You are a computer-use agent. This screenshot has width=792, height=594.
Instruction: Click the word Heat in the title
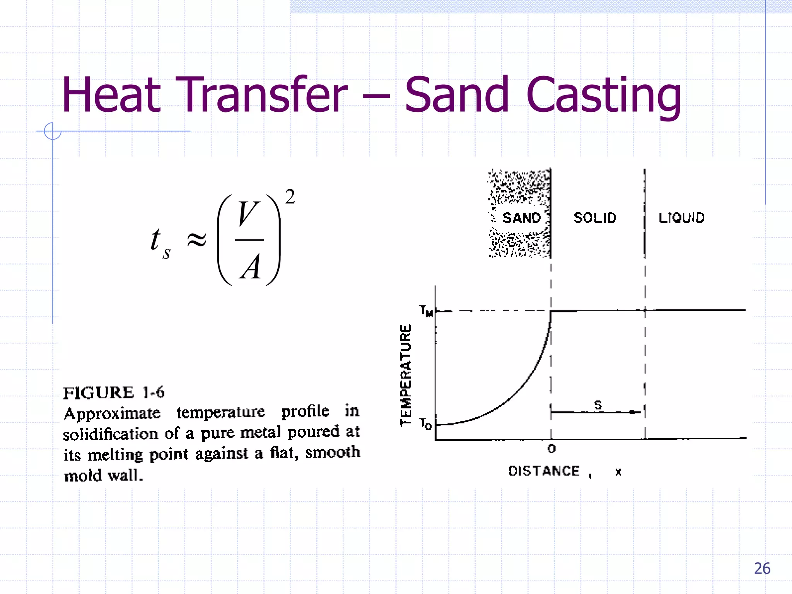pos(111,95)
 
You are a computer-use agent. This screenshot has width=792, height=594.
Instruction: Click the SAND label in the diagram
pos(521,218)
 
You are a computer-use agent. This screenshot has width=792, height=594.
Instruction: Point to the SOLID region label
pos(595,218)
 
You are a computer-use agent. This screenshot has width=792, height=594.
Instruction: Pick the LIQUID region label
pos(681,218)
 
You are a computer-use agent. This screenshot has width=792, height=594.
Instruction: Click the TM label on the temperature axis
pos(426,311)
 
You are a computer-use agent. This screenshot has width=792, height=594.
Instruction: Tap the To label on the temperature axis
pos(425,424)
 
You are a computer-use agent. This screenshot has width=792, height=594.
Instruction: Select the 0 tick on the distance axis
pos(551,449)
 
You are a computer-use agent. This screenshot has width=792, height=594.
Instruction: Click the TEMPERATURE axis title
pos(406,375)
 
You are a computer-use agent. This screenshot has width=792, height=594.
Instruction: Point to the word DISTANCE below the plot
pos(544,471)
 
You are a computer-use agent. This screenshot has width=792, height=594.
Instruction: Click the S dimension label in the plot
pos(598,405)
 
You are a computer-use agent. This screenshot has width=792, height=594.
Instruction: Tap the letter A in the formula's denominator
pos(251,267)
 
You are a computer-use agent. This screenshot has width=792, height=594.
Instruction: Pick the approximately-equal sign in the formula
pos(196,240)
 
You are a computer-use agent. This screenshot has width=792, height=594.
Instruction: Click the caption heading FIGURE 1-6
pos(114,393)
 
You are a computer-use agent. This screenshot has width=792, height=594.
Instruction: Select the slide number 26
pos(762,568)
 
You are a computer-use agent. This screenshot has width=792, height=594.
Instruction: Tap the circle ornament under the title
pos(53,131)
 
